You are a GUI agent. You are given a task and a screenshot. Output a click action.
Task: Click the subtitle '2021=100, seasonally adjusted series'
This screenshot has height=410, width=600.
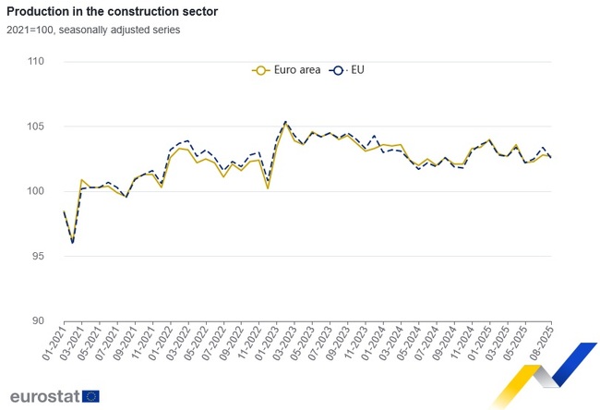click(x=93, y=30)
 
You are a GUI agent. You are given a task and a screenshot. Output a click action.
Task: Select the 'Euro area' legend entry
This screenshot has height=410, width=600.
click(x=287, y=69)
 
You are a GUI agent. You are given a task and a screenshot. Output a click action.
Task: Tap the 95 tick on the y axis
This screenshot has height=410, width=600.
click(x=38, y=256)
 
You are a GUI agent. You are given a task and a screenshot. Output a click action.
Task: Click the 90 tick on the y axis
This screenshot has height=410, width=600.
click(x=38, y=320)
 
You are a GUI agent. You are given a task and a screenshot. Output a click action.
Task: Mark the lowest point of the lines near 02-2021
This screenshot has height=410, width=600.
click(x=72, y=242)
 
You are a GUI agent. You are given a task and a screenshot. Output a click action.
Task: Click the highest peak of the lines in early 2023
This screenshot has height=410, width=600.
click(x=285, y=122)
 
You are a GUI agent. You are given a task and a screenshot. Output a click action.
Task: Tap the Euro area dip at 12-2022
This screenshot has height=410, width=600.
click(x=268, y=188)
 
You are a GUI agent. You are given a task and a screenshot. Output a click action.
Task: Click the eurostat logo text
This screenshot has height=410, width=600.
click(x=44, y=396)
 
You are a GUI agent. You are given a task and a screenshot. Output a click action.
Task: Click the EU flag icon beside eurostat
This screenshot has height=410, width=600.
click(x=90, y=396)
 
